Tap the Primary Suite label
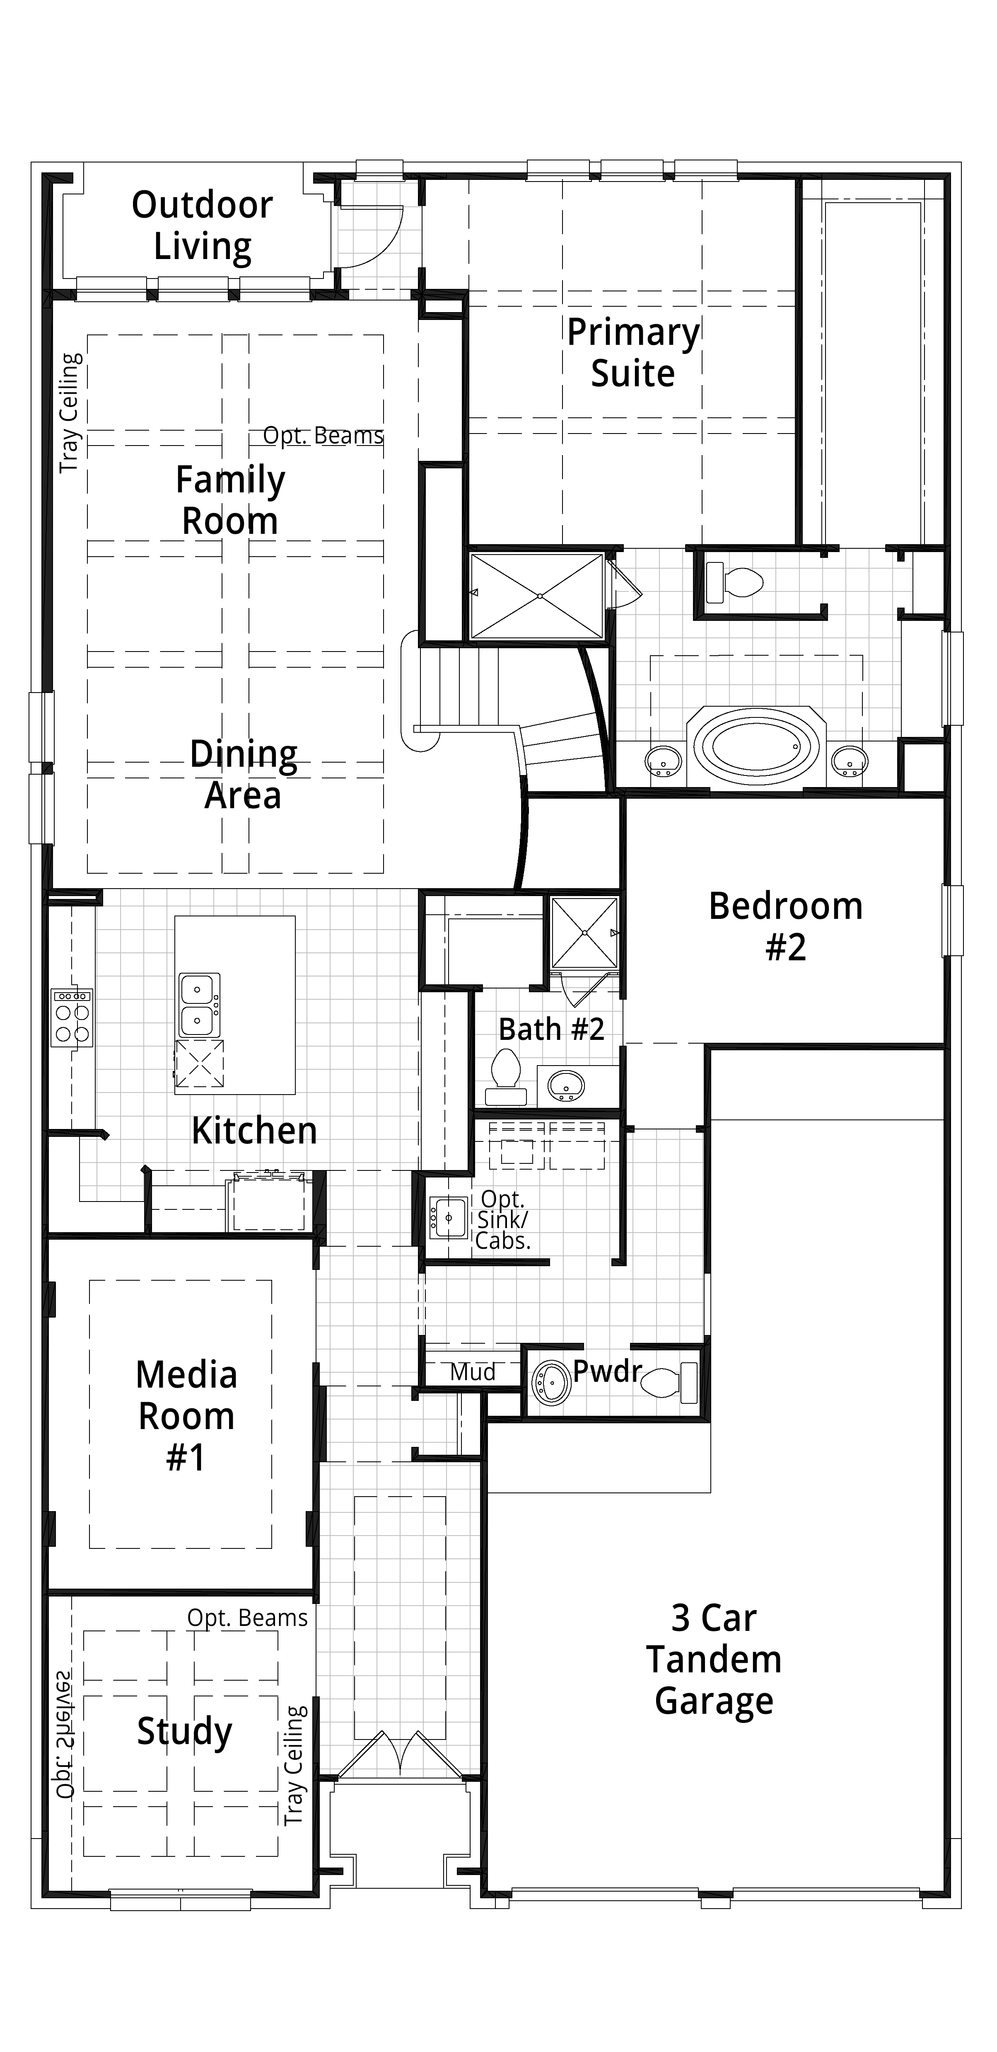633,353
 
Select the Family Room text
230,500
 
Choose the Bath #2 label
551,1029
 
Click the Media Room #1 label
186,1416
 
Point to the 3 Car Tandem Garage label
714,1659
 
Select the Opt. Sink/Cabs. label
502,1220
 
